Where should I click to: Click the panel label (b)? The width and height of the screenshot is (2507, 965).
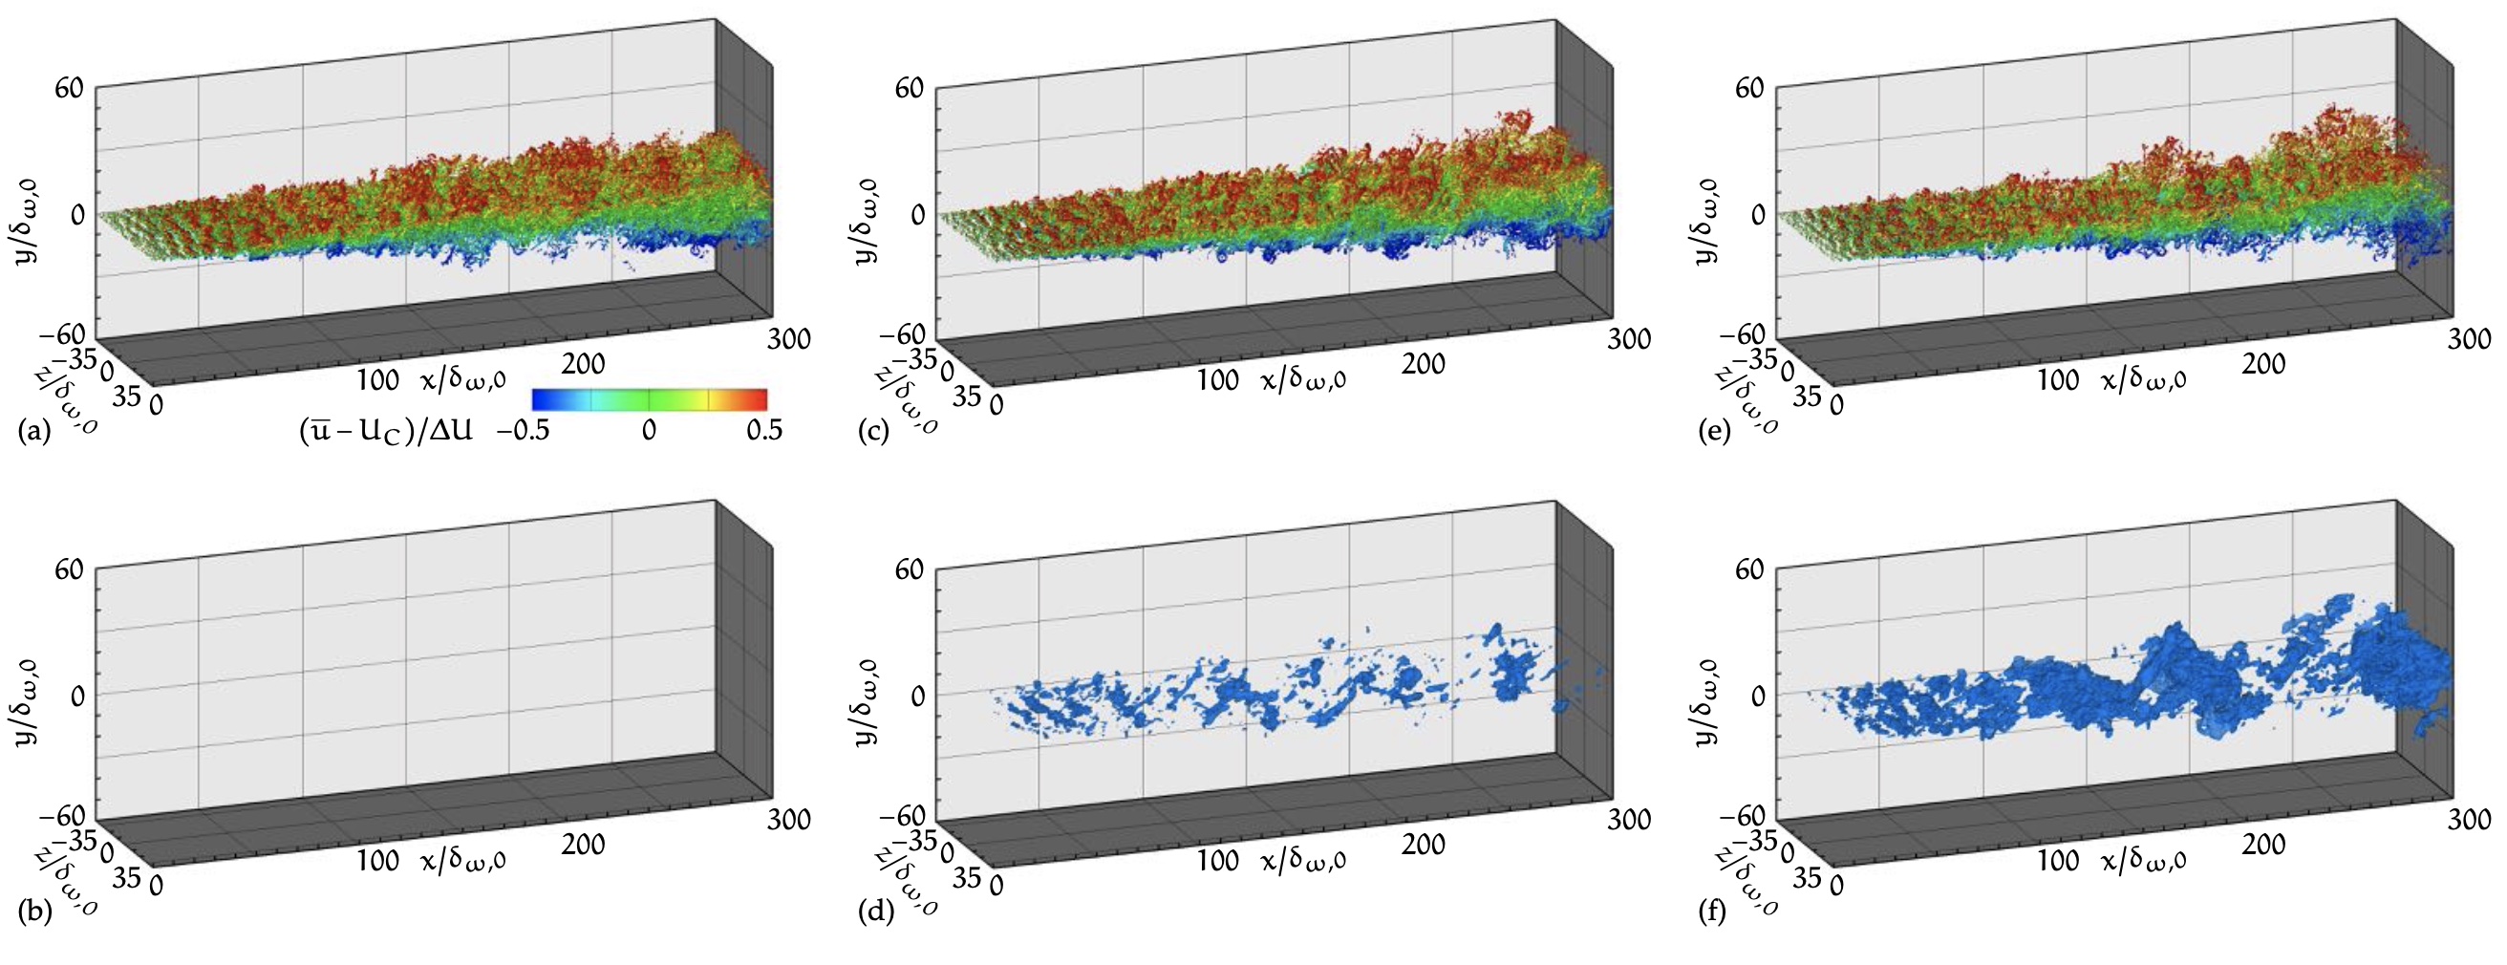[x=34, y=911]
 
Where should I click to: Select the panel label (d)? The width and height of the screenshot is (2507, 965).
[x=874, y=911]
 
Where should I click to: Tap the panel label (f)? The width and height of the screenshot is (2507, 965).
[x=1714, y=911]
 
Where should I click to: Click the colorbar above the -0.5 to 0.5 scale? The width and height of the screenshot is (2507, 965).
[x=649, y=398]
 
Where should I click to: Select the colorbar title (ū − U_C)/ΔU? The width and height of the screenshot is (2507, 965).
[x=385, y=430]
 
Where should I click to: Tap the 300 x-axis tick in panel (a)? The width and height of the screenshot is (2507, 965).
[x=788, y=338]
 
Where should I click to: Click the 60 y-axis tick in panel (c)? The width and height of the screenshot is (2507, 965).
[x=909, y=88]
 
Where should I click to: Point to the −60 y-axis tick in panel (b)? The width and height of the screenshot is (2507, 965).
[x=62, y=815]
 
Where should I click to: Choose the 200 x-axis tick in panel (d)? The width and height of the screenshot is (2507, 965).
[x=1423, y=845]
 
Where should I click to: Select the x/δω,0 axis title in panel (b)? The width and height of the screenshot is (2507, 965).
[x=463, y=860]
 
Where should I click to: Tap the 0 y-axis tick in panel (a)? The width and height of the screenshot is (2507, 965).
[x=77, y=214]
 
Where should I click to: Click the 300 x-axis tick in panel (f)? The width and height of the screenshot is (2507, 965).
[x=2469, y=819]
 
